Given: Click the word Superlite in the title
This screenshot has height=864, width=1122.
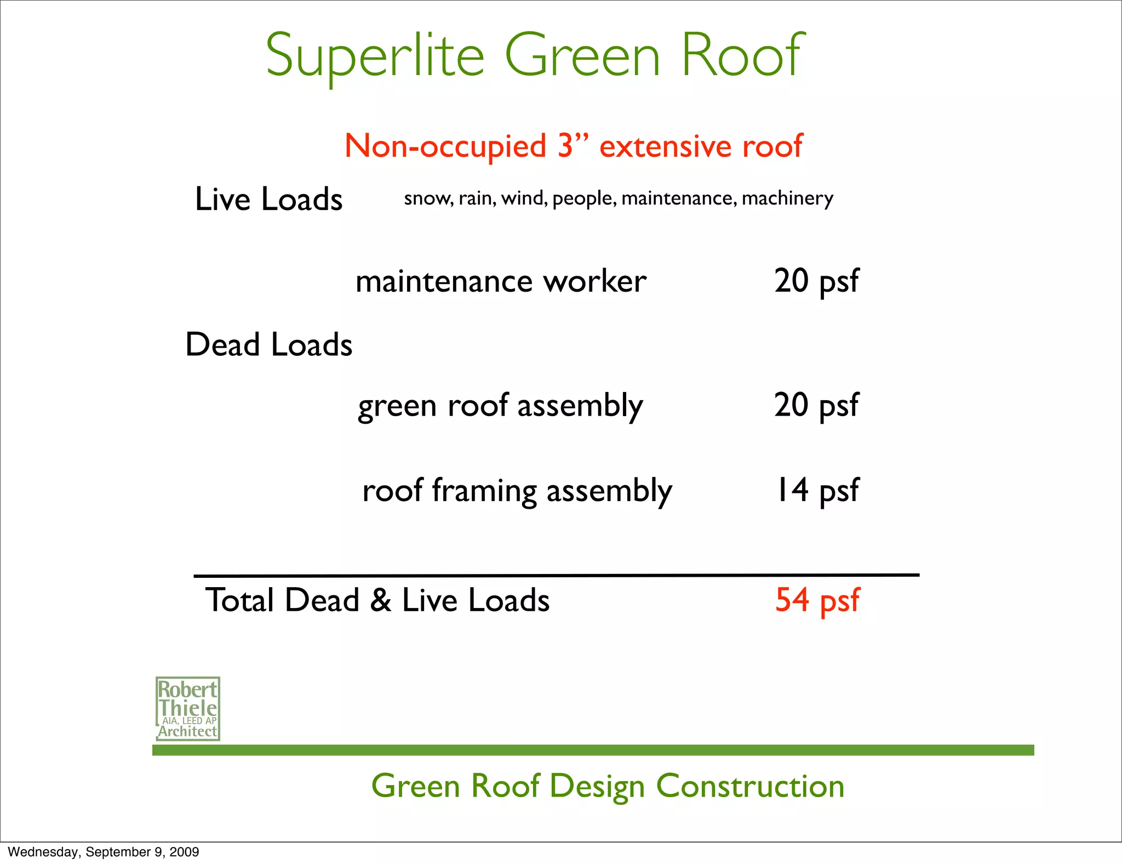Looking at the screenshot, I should [x=375, y=55].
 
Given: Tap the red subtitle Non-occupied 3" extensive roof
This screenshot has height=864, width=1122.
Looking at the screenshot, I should [x=573, y=146].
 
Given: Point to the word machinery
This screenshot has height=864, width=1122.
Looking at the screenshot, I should [x=787, y=198].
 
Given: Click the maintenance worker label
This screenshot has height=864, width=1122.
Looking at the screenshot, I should [x=501, y=281].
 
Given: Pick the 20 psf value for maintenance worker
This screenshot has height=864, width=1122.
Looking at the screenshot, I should [x=816, y=281].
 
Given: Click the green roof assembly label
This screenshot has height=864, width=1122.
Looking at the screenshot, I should [x=500, y=406].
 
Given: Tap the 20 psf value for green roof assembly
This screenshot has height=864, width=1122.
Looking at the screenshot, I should [x=816, y=405].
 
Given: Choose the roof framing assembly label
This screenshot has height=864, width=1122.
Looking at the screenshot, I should [x=517, y=490].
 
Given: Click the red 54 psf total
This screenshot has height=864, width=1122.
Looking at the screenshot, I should [x=817, y=600].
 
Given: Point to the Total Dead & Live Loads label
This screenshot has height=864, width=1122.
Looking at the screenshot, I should [x=377, y=600].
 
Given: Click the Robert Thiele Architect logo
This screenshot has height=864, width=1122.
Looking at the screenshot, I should [x=188, y=708].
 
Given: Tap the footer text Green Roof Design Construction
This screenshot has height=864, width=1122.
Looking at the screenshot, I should [x=608, y=786].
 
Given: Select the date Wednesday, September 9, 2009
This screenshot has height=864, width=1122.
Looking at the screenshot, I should [x=104, y=852].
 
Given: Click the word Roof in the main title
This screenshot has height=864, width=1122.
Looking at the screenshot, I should [x=742, y=55].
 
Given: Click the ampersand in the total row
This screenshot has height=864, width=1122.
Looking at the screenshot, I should [x=381, y=600].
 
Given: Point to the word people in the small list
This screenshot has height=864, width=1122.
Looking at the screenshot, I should [x=584, y=198].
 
